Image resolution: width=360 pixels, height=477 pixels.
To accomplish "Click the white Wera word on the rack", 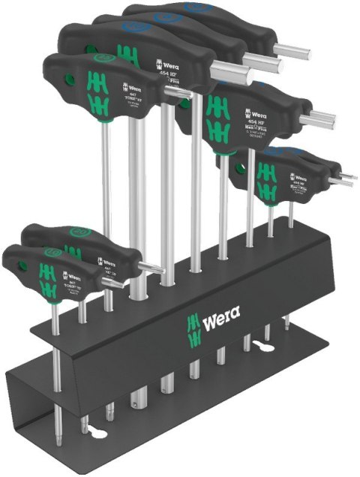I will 221,324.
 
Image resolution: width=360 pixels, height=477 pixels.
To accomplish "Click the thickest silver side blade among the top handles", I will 232,72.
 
